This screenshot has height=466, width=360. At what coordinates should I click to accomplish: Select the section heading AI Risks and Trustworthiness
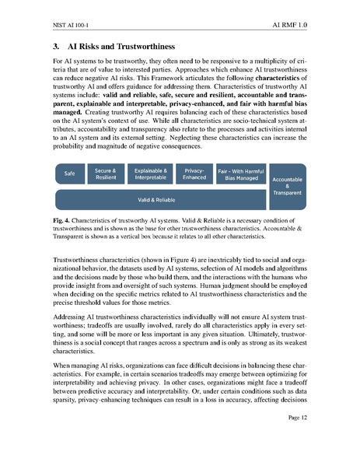124,46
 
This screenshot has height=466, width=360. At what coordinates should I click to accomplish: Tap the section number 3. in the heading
56,46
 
